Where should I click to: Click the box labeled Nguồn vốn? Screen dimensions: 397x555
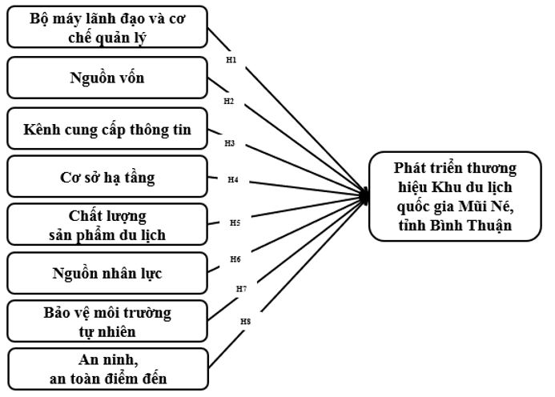click(107, 78)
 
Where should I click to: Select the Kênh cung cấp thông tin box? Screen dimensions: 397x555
click(107, 128)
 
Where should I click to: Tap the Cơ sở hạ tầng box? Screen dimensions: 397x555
click(107, 178)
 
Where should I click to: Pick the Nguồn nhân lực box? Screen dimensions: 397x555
click(107, 274)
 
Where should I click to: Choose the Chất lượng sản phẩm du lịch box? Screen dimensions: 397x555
click(107, 226)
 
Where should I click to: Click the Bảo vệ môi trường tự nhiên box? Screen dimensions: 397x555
click(107, 321)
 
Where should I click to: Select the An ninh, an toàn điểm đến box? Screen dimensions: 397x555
click(107, 368)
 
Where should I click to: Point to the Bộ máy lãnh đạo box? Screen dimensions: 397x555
click(107, 26)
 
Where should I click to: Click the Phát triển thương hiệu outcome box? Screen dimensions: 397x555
click(455, 196)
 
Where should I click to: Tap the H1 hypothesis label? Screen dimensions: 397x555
click(231, 60)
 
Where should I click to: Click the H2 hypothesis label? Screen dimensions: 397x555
click(229, 102)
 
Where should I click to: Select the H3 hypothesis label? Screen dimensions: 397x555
click(230, 143)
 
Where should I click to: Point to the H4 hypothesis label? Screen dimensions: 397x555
click(232, 179)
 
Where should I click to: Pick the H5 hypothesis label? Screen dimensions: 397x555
click(235, 222)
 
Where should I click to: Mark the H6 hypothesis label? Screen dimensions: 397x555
click(235, 259)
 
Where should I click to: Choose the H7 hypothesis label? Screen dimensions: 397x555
click(241, 288)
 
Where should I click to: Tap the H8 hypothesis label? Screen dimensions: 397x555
click(246, 322)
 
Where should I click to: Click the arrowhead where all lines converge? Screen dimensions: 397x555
click(365, 195)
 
